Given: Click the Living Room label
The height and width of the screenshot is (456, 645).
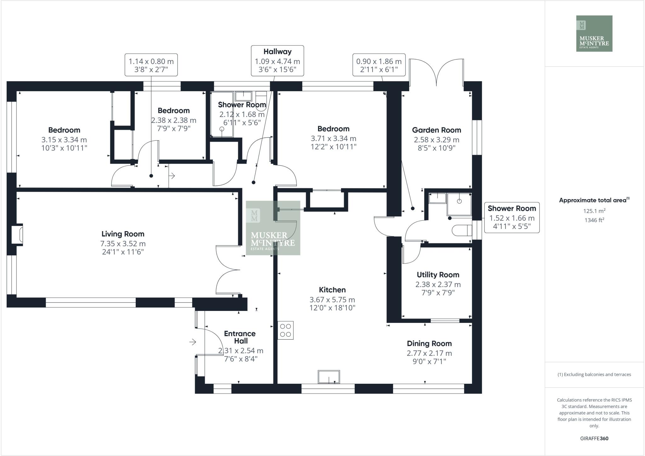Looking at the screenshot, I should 123,234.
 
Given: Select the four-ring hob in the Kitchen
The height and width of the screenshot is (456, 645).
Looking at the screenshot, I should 285,330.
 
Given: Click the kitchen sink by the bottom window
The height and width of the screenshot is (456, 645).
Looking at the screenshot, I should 329,377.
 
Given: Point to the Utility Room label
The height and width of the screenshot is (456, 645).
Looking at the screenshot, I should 438,275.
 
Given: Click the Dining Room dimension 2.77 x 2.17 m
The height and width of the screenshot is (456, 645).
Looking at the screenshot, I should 429,353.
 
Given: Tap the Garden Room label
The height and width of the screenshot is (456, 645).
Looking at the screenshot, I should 437,130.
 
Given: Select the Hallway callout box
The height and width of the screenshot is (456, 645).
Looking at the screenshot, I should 277,61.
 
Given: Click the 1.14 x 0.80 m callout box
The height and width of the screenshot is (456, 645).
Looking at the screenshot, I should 151,65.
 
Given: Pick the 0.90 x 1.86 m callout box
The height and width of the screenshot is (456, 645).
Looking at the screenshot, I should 379,65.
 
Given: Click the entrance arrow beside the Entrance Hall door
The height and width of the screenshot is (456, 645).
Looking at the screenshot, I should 193,342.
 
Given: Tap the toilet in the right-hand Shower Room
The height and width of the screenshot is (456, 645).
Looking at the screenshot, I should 462,230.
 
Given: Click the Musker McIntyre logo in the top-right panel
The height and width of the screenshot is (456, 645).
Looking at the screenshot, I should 594,33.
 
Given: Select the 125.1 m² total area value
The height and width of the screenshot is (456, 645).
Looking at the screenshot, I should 594,211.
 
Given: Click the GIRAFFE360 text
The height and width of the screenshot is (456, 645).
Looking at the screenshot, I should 594,438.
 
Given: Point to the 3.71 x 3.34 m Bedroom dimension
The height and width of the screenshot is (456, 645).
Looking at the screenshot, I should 334,138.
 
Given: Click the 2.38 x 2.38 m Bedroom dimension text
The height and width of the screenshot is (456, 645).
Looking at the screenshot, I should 174,120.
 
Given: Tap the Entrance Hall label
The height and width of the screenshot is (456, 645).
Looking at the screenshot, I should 240,337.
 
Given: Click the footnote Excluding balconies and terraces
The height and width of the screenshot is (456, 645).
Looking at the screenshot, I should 594,375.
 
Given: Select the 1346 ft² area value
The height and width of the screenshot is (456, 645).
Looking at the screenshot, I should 594,220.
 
